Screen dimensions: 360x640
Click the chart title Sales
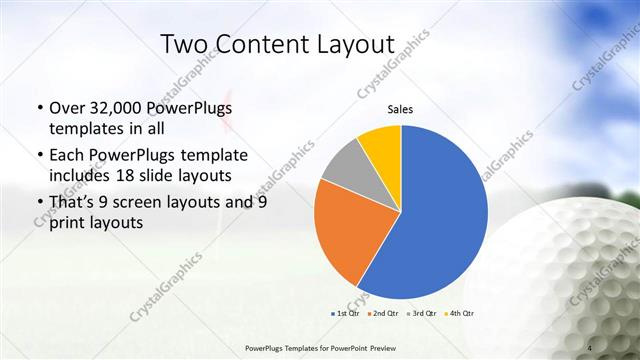[400, 110]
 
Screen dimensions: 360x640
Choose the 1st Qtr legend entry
[346, 314]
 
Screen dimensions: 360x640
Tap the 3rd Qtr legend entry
[424, 314]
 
